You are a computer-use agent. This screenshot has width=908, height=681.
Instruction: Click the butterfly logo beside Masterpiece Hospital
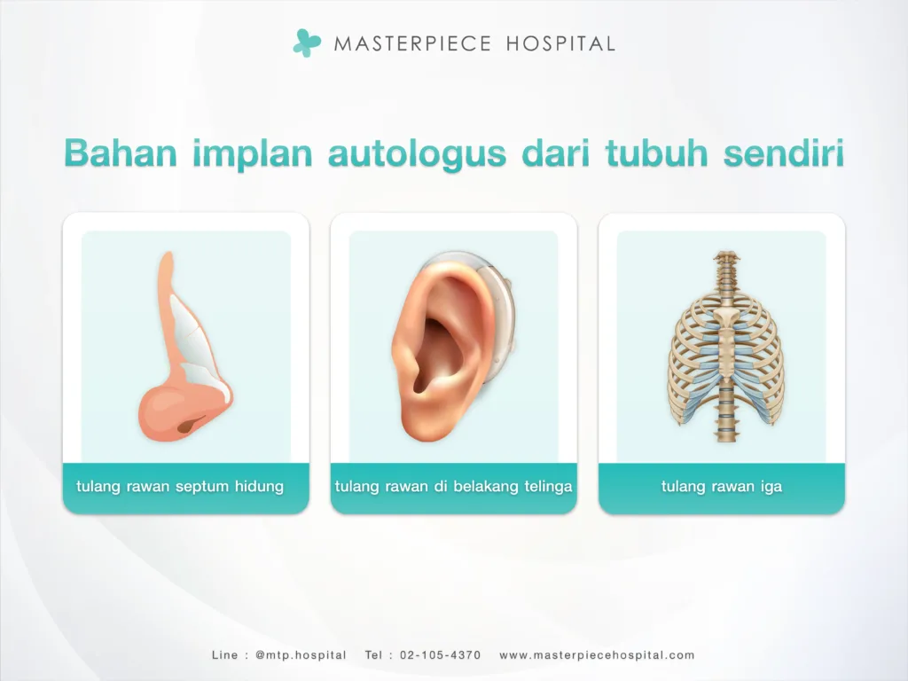(x=307, y=42)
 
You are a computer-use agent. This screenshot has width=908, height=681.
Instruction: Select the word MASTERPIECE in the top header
(x=411, y=43)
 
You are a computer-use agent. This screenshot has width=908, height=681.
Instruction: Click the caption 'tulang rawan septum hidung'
(x=180, y=487)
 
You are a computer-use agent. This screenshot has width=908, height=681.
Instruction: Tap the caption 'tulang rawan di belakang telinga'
(x=453, y=487)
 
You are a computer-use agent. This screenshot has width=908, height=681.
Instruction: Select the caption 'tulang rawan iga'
(x=721, y=487)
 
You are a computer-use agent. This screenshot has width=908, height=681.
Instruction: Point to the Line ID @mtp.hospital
(x=300, y=655)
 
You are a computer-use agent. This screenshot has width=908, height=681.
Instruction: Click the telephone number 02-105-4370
(x=441, y=655)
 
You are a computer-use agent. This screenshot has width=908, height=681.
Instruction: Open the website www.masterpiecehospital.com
(x=597, y=655)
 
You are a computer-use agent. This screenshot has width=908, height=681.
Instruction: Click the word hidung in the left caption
(x=261, y=487)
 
